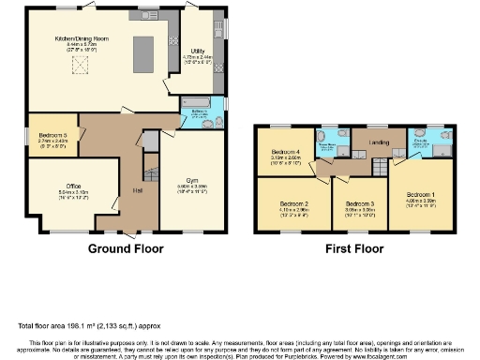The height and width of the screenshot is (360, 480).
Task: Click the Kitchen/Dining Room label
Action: (82, 40)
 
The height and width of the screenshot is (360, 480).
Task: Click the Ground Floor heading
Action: (126, 249)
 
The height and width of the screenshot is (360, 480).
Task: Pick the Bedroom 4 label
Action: (286, 153)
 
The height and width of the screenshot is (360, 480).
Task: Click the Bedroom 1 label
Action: (419, 198)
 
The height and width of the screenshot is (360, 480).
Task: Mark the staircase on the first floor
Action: (380, 166)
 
